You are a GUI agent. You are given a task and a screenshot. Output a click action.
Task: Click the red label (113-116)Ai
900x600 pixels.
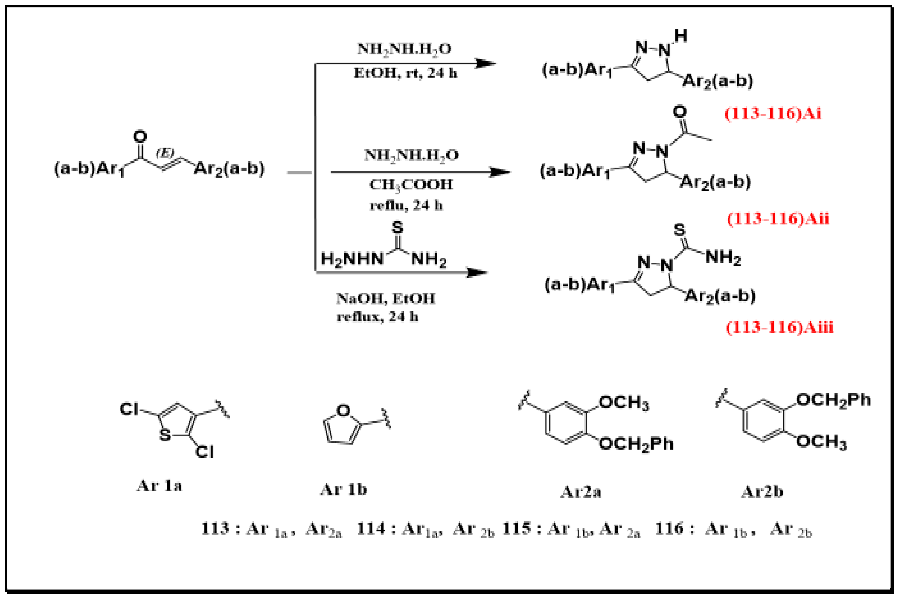coord(773,114)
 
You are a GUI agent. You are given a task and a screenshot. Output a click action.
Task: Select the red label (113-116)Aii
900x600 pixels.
coord(777,219)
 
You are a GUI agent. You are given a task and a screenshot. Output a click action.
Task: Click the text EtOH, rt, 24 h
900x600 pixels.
coord(405,73)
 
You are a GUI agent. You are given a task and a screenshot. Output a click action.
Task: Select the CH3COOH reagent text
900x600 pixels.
coord(411,184)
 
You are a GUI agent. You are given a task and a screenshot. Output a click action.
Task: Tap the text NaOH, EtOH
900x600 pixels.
coord(385,298)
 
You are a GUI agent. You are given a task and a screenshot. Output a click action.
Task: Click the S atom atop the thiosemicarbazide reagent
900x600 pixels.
coord(397,228)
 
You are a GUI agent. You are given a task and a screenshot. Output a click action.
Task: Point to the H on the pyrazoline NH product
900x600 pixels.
coord(681,36)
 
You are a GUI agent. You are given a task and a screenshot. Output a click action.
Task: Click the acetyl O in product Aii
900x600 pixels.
coord(679,112)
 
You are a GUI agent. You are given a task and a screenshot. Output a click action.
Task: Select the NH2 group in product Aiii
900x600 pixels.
coord(723,257)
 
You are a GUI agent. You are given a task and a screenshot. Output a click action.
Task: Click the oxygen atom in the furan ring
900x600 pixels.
coord(343,410)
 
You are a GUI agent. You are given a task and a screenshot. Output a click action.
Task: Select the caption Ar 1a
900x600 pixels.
coord(159,486)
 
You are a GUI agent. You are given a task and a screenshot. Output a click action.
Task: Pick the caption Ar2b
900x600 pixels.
coord(762,492)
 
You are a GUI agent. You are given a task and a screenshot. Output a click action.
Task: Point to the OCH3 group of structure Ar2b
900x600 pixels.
coord(821,442)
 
